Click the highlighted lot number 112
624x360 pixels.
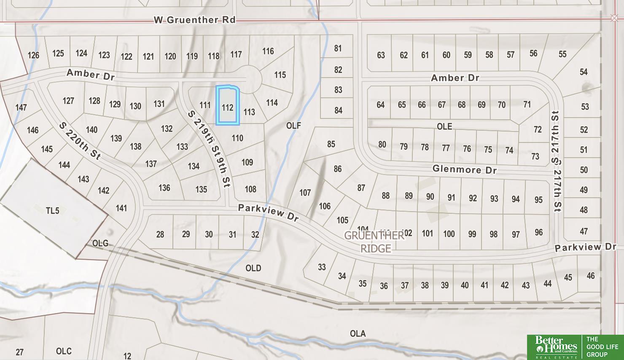tap(228, 107)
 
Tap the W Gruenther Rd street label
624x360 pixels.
tap(194, 20)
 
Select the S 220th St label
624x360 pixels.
tap(80, 141)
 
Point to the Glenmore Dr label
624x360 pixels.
tap(465, 169)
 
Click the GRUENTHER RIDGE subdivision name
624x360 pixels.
tap(375, 242)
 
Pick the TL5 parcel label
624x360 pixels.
tap(52, 210)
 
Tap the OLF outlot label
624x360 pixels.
tap(293, 126)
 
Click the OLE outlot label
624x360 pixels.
tap(444, 126)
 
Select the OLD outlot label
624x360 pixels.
tap(253, 268)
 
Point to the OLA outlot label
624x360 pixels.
tap(358, 333)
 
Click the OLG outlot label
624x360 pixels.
tap(100, 243)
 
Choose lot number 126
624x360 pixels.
tap(33, 55)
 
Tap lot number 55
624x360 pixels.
tap(562, 54)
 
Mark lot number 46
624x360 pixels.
tap(591, 276)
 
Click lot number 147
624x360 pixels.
tap(21, 107)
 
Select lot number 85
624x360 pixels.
tap(331, 144)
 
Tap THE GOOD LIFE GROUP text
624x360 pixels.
tap(602, 347)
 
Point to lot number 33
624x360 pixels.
tap(322, 267)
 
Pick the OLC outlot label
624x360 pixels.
tap(64, 351)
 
